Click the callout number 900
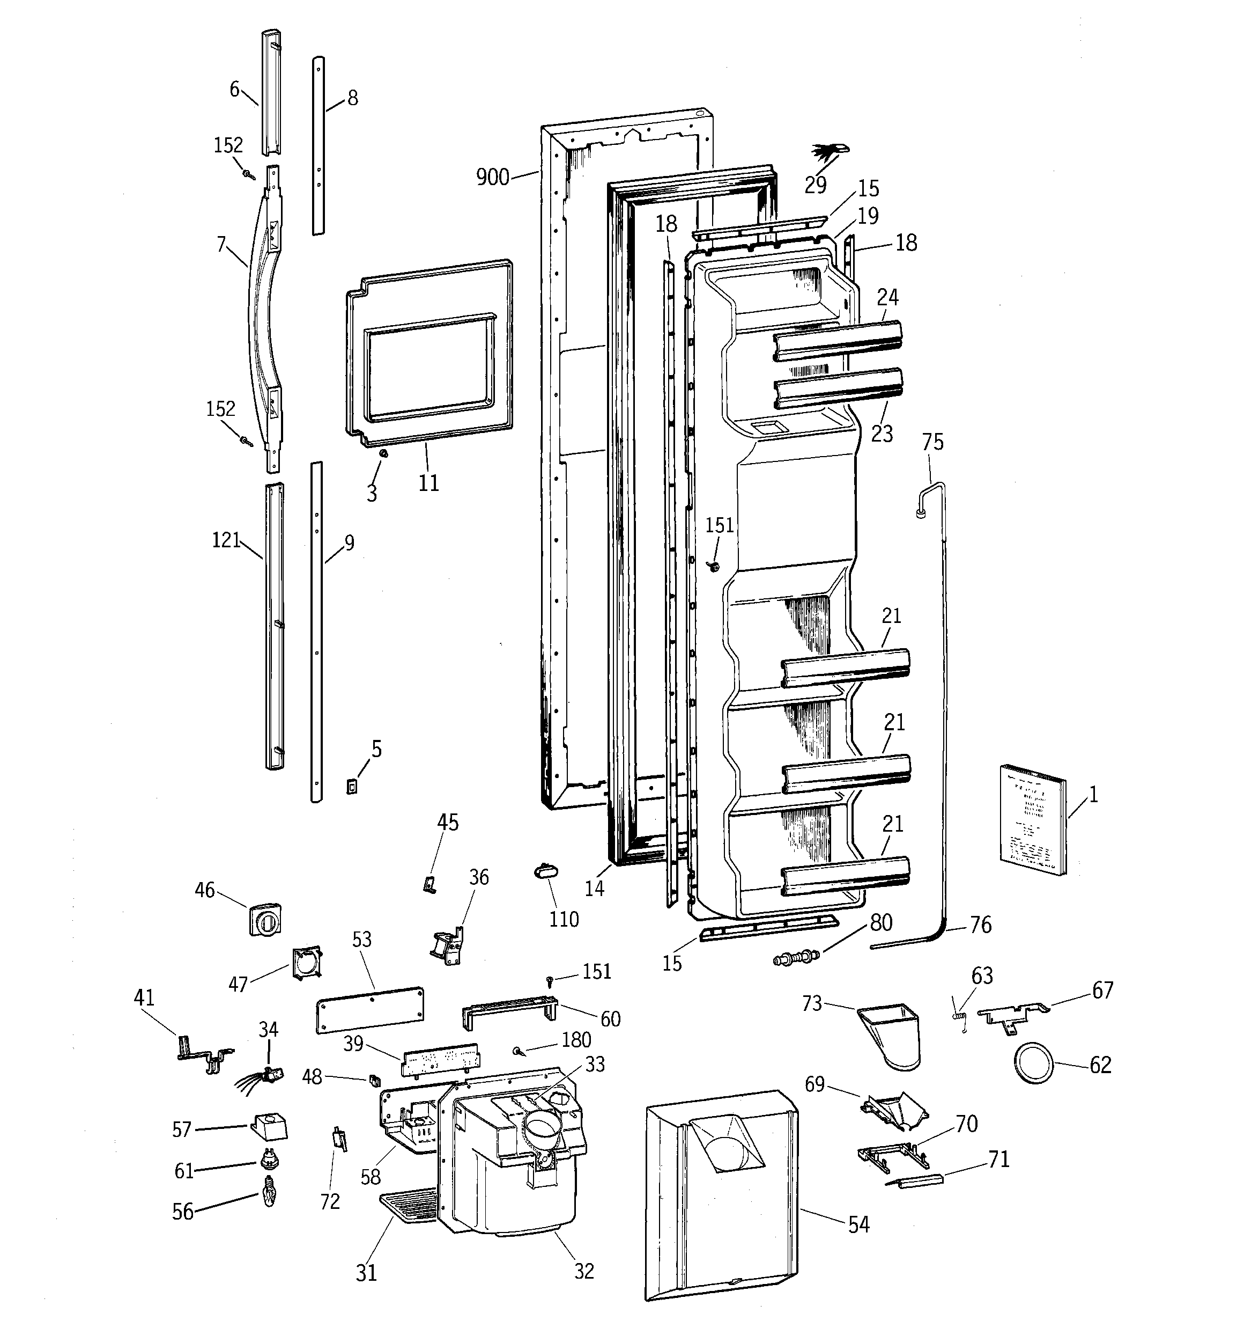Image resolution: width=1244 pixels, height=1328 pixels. click(x=492, y=178)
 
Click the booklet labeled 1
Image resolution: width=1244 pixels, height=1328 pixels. click(x=1032, y=819)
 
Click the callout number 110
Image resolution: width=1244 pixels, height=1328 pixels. click(x=564, y=919)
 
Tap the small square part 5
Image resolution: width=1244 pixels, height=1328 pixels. click(x=352, y=786)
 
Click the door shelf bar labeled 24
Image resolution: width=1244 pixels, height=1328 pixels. click(x=838, y=341)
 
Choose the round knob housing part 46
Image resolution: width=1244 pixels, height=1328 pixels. click(x=265, y=920)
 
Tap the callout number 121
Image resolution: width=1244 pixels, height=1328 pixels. click(x=226, y=540)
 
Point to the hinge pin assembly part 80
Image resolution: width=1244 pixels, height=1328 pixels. click(x=795, y=957)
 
